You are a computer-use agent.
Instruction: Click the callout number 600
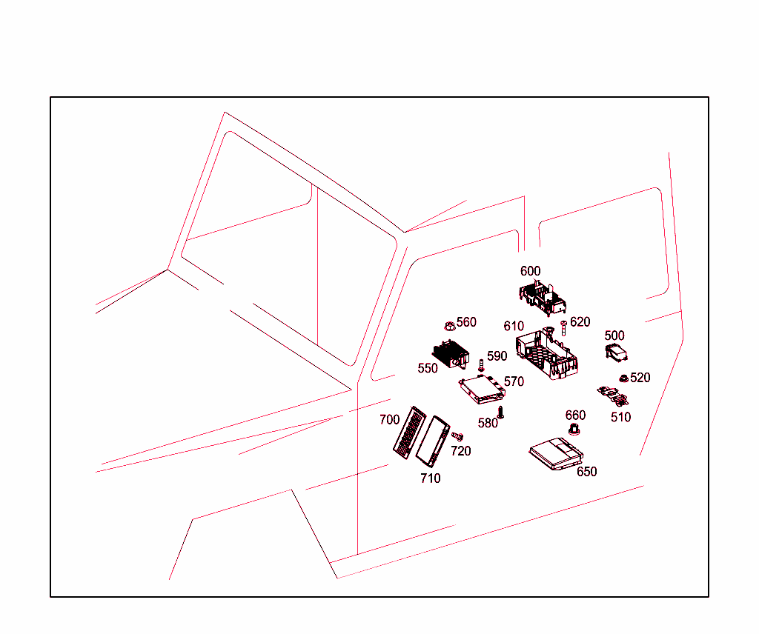point(530,271)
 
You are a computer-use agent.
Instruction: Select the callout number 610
point(514,326)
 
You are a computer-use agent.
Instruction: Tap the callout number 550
point(428,369)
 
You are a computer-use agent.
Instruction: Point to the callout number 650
point(587,472)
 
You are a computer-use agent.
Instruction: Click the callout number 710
point(431,478)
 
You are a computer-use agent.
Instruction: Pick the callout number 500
point(614,336)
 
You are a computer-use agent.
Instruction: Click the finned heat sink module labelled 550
point(451,353)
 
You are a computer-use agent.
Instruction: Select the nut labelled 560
point(450,327)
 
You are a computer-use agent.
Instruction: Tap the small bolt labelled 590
point(481,366)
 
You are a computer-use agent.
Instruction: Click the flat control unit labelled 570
point(482,389)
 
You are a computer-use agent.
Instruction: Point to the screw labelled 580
point(501,413)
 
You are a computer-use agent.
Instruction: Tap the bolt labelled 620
point(563,328)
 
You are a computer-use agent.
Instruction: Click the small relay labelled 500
point(616,353)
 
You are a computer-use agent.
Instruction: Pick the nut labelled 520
point(624,378)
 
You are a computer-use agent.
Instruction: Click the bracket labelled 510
point(613,396)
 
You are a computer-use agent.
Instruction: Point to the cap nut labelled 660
point(574,429)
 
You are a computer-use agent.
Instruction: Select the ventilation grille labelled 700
point(409,433)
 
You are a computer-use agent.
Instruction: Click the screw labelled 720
point(457,437)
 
